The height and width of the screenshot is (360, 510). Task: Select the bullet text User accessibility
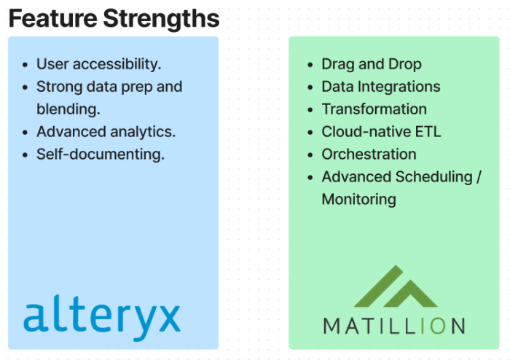click(x=99, y=64)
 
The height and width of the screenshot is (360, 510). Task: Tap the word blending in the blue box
click(x=68, y=109)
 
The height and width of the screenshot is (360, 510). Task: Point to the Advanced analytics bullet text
click(x=106, y=132)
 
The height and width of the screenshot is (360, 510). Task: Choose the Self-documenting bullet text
click(x=101, y=154)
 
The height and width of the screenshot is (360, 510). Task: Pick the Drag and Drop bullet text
click(x=372, y=64)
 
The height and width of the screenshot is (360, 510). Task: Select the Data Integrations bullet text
click(x=381, y=87)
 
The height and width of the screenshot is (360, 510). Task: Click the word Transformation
click(x=374, y=109)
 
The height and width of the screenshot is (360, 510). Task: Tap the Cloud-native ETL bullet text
click(x=382, y=132)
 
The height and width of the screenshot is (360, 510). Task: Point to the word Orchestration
click(x=369, y=154)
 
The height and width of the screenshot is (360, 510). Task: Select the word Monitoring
click(x=359, y=200)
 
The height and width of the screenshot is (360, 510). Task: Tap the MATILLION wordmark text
click(x=393, y=326)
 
